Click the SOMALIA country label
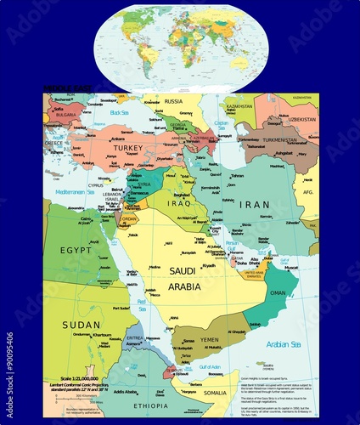214,393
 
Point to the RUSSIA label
173,101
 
